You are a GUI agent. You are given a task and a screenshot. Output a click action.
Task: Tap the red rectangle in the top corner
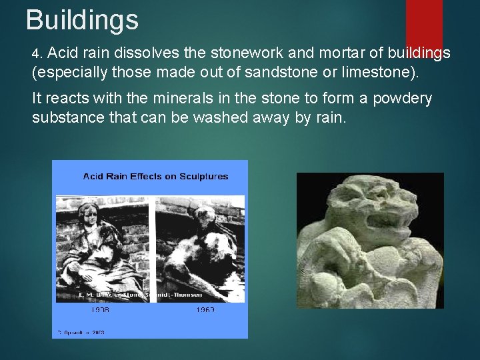click(424, 23)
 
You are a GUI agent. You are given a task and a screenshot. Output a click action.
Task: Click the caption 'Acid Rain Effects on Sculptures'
click(155, 177)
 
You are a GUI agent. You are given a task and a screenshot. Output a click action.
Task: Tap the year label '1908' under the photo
click(101, 310)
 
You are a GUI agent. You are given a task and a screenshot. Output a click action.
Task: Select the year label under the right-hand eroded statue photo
click(206, 310)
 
